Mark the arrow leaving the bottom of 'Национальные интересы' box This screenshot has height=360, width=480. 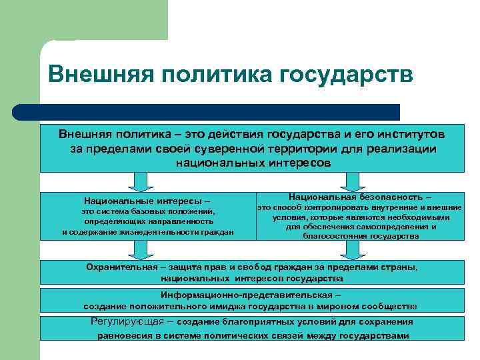[x=141, y=249]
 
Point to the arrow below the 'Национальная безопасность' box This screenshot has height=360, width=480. [x=351, y=249]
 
